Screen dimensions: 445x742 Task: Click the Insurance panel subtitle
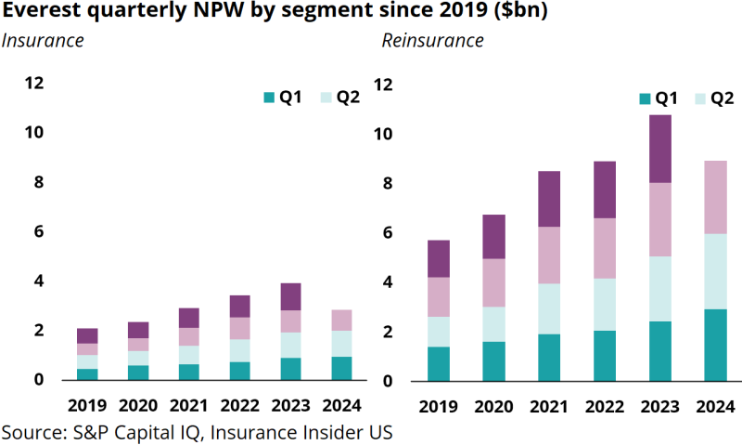tap(43, 41)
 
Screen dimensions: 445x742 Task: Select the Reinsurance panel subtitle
tap(432, 41)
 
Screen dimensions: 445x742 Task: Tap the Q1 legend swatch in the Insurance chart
tap(269, 98)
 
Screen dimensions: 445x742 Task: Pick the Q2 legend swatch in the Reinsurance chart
tap(697, 98)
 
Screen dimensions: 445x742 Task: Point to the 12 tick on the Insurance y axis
tap(34, 83)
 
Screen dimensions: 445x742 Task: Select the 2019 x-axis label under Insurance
tap(87, 406)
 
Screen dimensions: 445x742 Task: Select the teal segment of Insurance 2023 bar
tap(289, 369)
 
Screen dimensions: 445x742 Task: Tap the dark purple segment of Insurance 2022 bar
tap(239, 306)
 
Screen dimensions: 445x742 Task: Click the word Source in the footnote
tap(28, 433)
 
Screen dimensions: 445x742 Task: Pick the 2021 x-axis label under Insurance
tap(189, 406)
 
